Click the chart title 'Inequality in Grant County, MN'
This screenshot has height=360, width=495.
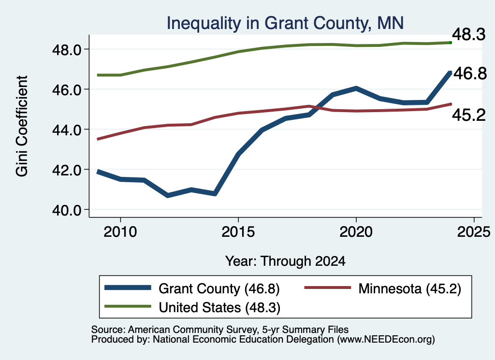pos(285,24)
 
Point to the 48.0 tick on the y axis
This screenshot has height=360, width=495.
pos(67,50)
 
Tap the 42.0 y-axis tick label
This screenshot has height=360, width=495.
pos(67,170)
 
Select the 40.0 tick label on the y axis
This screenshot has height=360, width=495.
pos(67,210)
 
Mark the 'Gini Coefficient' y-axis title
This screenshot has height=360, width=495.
pos(22,126)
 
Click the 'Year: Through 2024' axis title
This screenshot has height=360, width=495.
pos(285,261)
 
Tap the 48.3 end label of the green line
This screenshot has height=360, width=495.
pos(469,34)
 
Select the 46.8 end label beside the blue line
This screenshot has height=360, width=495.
pos(470,73)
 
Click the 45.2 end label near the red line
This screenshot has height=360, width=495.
pos(469,115)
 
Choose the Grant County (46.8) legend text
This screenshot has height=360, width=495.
pos(219,288)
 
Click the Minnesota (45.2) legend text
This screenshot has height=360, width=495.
pos(410,288)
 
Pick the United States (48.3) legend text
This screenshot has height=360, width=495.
pos(219,308)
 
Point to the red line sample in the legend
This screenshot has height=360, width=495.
pos(327,288)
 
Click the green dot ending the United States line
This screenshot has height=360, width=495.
pos(451,43)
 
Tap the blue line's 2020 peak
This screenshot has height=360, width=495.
pos(356,88)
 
